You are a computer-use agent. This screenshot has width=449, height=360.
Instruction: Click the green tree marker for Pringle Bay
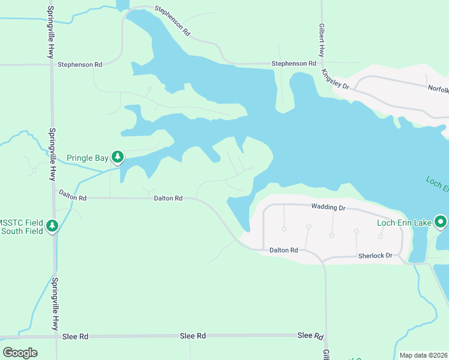pos(118,158)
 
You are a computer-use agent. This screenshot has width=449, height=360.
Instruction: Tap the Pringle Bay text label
pos(87,158)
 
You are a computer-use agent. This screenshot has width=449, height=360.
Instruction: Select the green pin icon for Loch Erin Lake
pos(441,223)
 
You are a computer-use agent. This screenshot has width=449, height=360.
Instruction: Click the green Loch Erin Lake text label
pos(404,223)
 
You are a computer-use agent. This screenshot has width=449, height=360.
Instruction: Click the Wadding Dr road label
pos(328,207)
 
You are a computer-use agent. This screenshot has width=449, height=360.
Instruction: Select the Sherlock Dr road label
pos(375,256)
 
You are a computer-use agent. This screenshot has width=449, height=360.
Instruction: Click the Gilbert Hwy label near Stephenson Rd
pos(322,41)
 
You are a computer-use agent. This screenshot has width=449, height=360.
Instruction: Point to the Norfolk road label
pos(438,89)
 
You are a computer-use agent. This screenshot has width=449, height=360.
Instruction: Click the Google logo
pos(20,352)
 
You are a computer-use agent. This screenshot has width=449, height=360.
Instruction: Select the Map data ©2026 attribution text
pos(424,355)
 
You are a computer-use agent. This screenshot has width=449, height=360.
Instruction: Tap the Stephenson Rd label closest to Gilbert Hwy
pos(294,64)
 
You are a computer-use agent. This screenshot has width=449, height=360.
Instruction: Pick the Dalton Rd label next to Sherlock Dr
pos(283,250)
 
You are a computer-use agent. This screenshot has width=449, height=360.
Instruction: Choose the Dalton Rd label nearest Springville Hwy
pos(72,195)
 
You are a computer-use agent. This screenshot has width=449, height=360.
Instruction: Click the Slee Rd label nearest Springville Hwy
pos(75,337)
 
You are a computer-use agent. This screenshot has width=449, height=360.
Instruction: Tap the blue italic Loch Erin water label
pos(436,184)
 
